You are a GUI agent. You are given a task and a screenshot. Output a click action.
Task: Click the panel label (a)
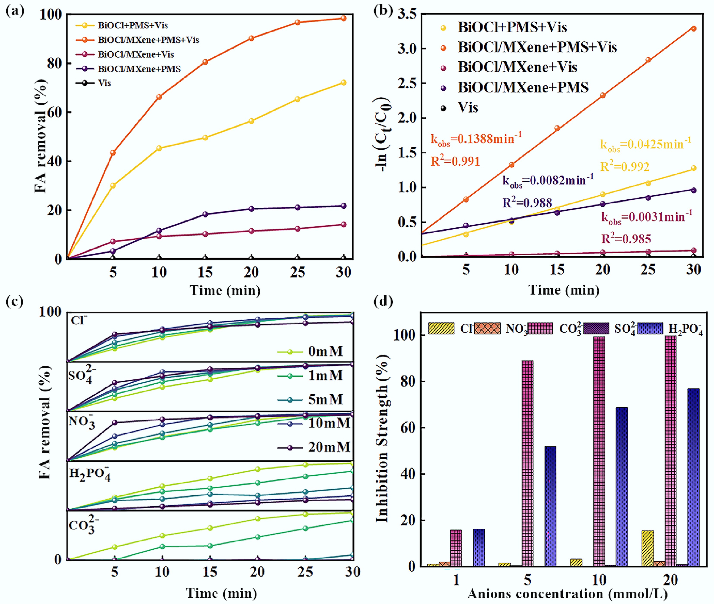point(15,11)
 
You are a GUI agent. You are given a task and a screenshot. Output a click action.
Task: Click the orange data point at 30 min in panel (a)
point(343,18)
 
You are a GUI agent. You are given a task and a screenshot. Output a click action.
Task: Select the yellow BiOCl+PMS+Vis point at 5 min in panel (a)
point(113,185)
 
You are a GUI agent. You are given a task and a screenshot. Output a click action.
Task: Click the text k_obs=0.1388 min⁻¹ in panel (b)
point(476,139)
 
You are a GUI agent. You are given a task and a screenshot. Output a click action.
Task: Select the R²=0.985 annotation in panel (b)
point(626,239)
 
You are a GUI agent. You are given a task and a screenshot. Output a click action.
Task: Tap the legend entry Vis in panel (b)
point(468,108)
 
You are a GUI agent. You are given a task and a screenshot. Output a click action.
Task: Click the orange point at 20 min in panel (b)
point(602,95)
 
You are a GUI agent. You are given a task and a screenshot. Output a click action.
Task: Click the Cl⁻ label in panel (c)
point(79,320)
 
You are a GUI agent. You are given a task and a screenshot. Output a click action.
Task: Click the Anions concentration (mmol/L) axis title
point(567,594)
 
